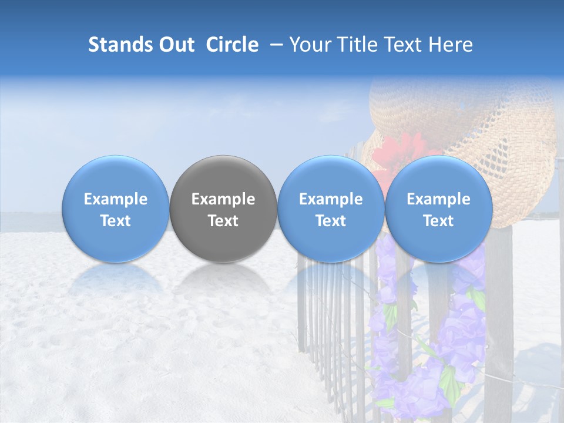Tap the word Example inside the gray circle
coord(223,199)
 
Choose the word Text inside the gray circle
coord(223,221)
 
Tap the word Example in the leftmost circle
coord(115,199)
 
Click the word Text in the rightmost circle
coord(438,221)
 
